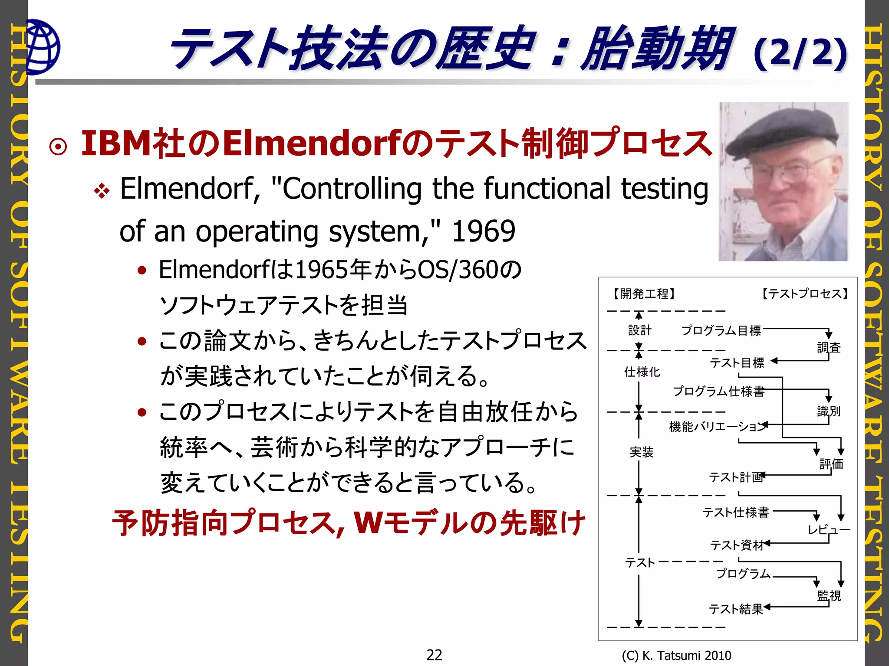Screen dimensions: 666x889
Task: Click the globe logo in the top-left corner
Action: [43, 47]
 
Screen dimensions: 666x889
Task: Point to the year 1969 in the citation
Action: [483, 231]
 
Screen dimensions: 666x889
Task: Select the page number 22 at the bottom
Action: [434, 654]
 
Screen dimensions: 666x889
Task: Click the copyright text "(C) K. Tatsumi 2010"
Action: [676, 655]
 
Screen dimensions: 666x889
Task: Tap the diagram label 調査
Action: [829, 347]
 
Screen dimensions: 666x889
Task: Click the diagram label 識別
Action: [829, 411]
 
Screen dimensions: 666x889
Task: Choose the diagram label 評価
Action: [831, 464]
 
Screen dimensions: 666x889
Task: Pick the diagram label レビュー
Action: [828, 529]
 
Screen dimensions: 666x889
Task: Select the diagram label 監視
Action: [829, 595]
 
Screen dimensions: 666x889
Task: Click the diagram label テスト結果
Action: [736, 609]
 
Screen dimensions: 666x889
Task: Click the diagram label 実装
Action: [641, 452]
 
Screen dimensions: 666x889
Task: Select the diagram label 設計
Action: [640, 330]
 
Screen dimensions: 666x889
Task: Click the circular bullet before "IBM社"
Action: [58, 147]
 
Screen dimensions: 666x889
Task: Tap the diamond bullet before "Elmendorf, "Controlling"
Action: [102, 191]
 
